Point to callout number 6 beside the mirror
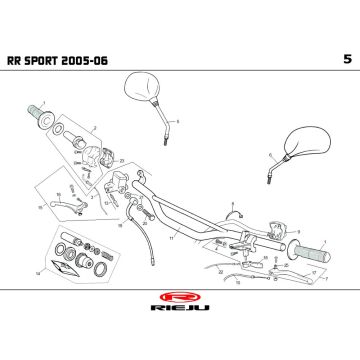coord(270,154)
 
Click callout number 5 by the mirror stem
coord(177,121)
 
